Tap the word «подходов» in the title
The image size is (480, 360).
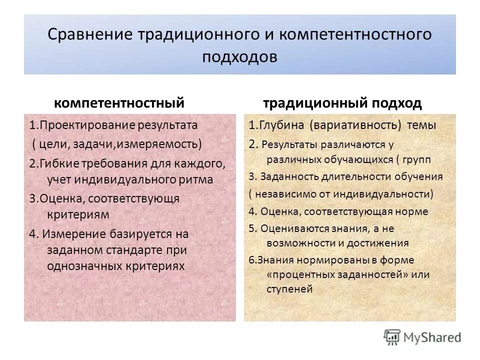[239, 56]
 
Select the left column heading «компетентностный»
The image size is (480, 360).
[119, 103]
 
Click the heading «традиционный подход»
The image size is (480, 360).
[342, 103]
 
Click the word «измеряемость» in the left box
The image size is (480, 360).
[169, 144]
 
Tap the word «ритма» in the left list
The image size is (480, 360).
[199, 179]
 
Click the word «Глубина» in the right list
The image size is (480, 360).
[280, 125]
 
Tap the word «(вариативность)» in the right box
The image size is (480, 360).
[355, 125]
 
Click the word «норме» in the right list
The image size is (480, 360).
[413, 211]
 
